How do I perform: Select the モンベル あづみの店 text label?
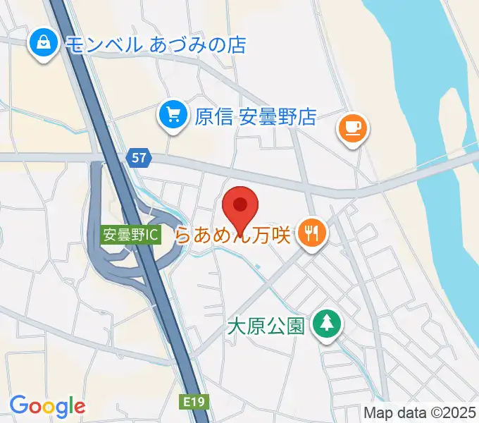[156, 45]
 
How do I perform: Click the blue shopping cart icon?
[173, 115]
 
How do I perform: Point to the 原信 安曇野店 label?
[254, 116]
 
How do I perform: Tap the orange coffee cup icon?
[352, 128]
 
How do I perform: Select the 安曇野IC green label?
[130, 235]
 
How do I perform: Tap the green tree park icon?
[326, 325]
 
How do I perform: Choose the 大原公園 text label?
[266, 326]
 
